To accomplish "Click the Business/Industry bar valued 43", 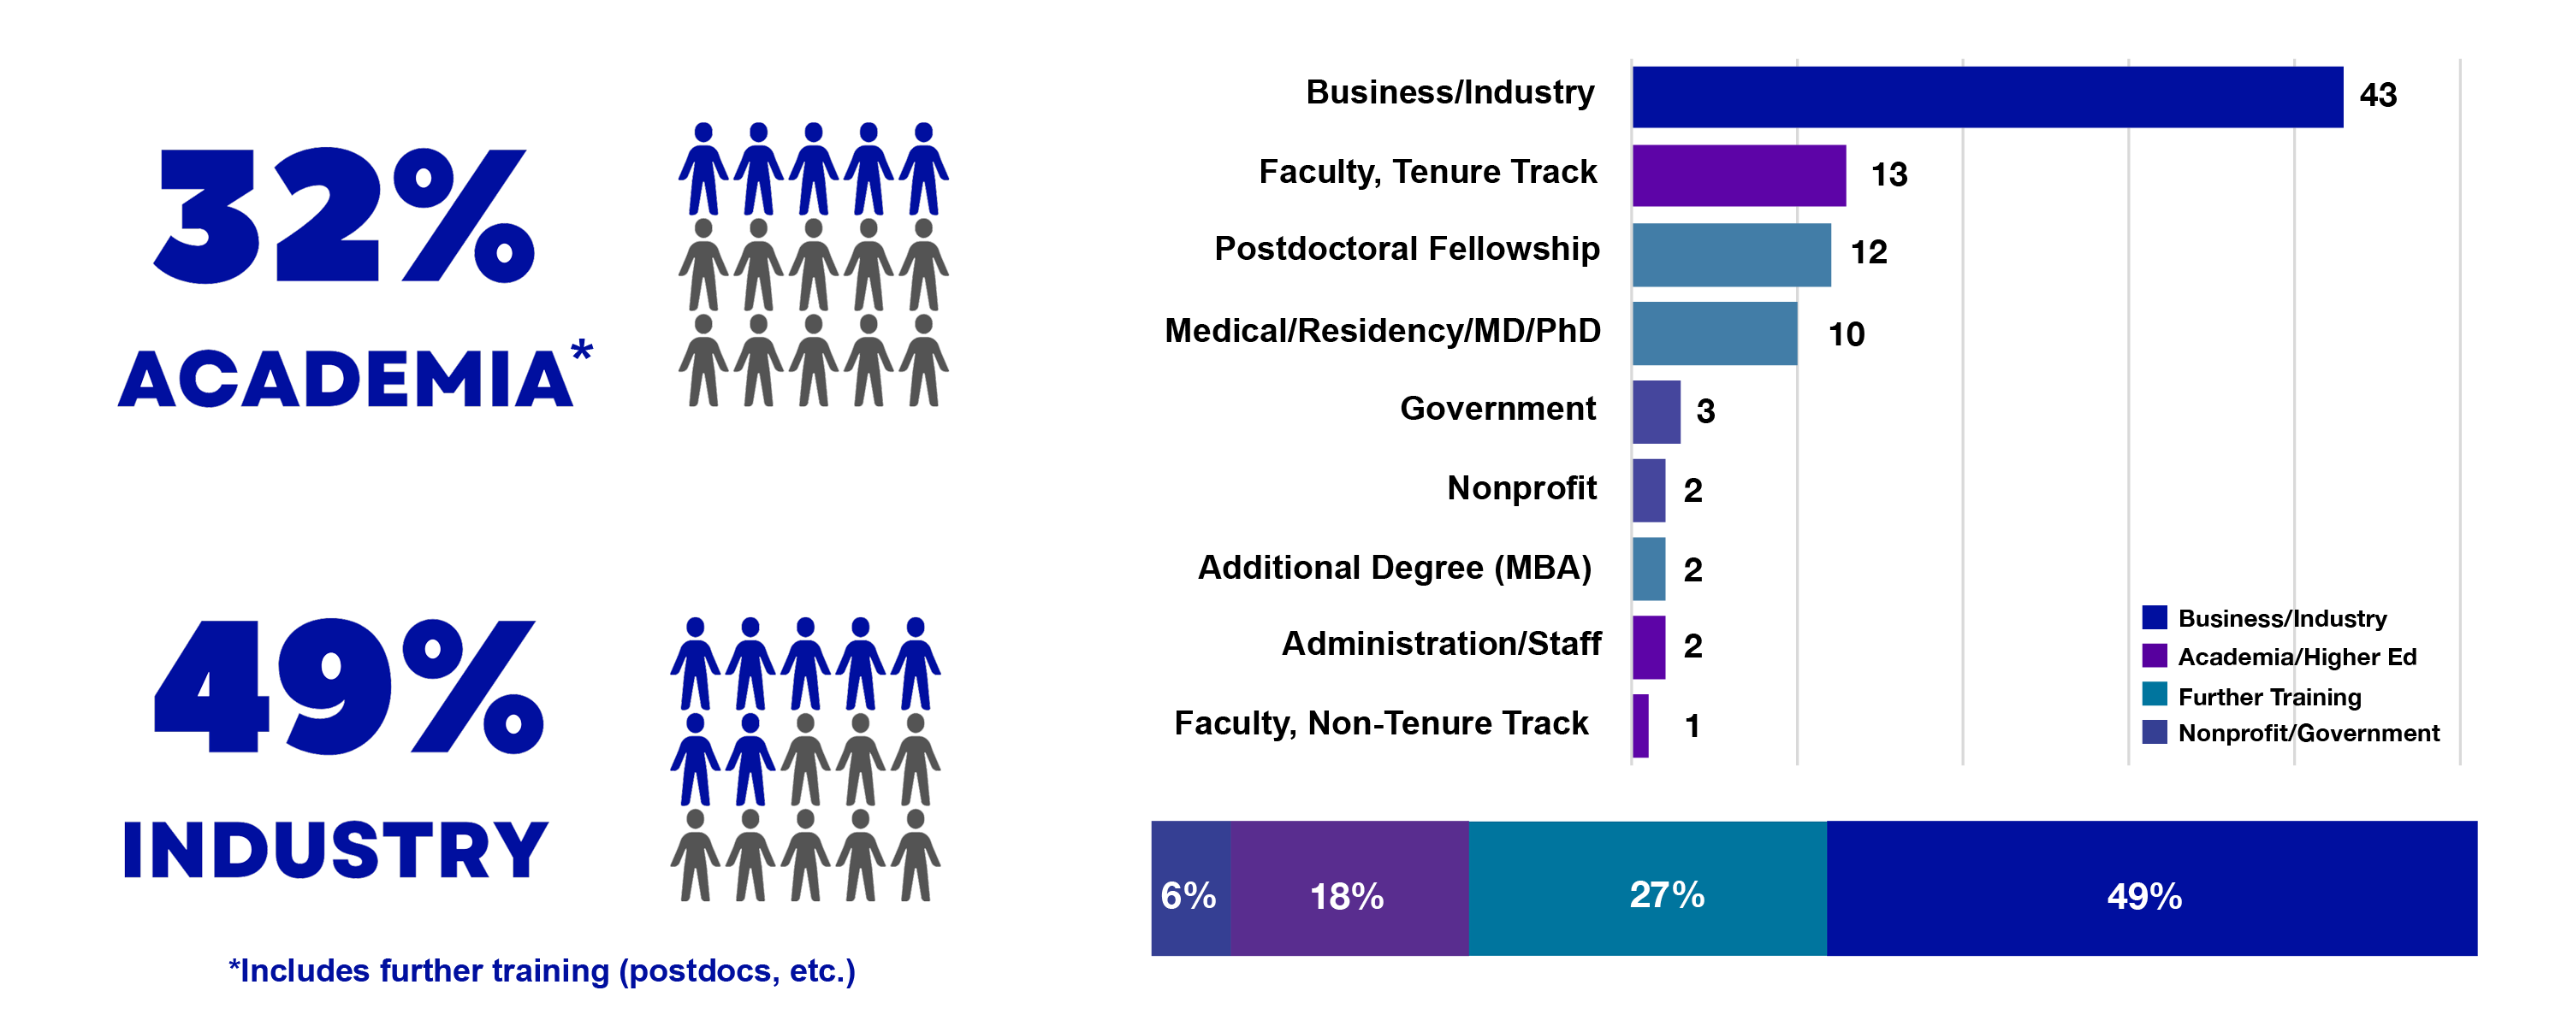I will pos(1987,97).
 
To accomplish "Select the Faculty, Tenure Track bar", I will pos(1739,175).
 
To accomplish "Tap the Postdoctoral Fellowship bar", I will pos(1731,255).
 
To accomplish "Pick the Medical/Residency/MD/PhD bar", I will pos(1714,333).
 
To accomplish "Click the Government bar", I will pos(1657,411).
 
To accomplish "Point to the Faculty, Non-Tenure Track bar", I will pos(1640,726).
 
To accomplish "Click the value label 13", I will pos(1888,175).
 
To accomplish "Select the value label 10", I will pos(1846,334).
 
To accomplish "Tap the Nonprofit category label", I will pos(1521,488).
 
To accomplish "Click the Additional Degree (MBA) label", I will pos(1394,568).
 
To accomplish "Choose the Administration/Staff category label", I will pos(1441,645).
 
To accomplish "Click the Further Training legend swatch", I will pos(2154,694).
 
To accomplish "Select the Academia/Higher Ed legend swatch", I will pos(2154,656).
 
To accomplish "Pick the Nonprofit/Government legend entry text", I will pos(2308,733).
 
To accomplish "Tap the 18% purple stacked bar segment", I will pos(1349,888).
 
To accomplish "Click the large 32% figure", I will pos(344,215).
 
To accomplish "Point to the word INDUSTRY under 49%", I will pos(335,851).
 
